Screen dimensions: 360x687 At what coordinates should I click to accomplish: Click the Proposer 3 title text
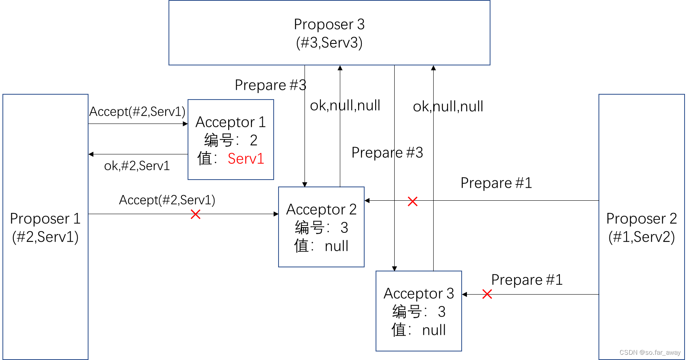click(329, 24)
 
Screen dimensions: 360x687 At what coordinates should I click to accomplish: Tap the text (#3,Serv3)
click(329, 43)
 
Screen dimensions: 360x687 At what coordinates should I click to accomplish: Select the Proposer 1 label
click(45, 219)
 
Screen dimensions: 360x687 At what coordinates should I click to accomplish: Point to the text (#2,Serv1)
click(45, 237)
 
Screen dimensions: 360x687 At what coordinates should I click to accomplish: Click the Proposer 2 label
click(641, 219)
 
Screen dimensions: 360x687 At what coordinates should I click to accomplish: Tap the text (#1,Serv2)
click(641, 237)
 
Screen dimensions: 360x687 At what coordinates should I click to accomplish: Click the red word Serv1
click(246, 158)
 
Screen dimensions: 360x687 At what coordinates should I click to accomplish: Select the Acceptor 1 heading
click(230, 122)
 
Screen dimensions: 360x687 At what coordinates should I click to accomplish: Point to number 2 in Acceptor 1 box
click(253, 141)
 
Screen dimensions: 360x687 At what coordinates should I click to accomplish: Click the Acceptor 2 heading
click(321, 209)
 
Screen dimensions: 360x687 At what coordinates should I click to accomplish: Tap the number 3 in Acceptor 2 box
click(344, 228)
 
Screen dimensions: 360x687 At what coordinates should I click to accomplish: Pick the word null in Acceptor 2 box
click(336, 246)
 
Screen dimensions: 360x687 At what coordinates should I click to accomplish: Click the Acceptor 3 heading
click(419, 293)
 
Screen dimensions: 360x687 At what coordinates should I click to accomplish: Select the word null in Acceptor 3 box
click(434, 330)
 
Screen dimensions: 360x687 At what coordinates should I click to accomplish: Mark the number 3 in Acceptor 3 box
click(442, 312)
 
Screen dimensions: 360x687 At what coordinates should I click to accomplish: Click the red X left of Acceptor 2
click(195, 214)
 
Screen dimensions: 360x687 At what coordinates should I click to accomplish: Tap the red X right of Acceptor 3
click(487, 294)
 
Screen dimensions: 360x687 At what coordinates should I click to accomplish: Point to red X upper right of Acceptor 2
click(413, 201)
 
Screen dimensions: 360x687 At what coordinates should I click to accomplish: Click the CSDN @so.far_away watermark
click(650, 353)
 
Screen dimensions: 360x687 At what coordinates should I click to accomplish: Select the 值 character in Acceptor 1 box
click(205, 158)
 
